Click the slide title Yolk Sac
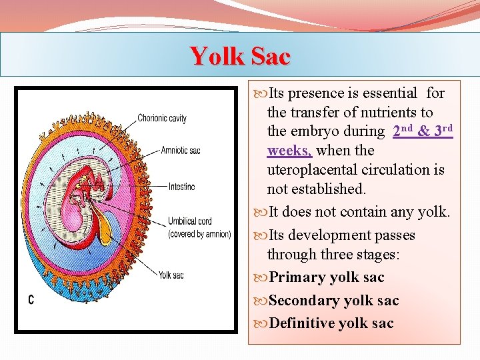coord(240,56)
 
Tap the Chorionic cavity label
coord(162,119)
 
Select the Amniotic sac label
coord(180,151)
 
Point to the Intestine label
coord(182,187)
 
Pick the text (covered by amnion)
coord(199,234)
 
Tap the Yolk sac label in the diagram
coord(171,275)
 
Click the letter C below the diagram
coord(31,300)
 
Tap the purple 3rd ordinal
coord(443,131)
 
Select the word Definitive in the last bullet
coord(301,324)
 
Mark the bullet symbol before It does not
coord(259,213)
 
